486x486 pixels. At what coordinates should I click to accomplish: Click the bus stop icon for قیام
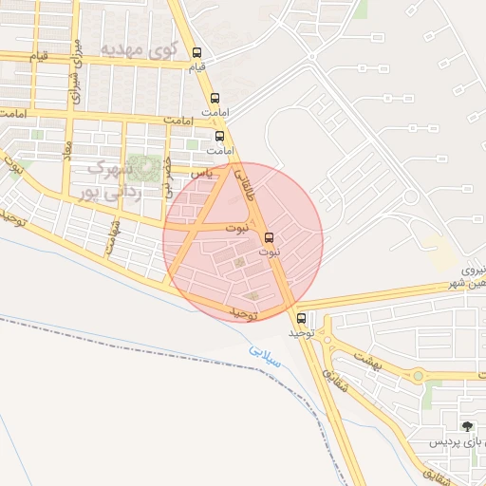[196, 53]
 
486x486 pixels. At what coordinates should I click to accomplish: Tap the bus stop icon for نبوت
[269, 237]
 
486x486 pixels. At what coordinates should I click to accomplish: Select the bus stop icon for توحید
[302, 318]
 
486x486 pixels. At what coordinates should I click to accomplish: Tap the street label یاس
[199, 174]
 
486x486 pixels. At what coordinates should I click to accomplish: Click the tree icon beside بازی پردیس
[465, 426]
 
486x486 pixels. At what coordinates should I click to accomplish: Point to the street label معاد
[67, 152]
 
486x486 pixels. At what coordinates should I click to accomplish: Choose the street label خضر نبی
[168, 177]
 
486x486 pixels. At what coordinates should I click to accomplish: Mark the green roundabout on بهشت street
[418, 376]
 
